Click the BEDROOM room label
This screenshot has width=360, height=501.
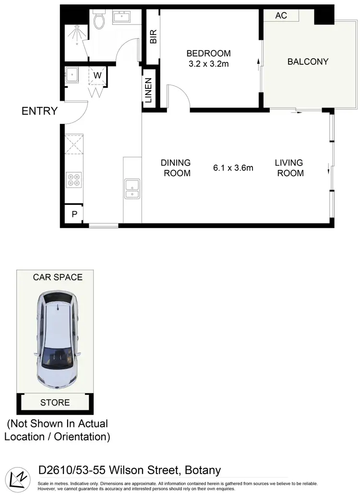[x=208, y=53]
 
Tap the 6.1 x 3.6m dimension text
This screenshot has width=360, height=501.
[x=233, y=168]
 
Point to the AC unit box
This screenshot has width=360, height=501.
[x=281, y=15]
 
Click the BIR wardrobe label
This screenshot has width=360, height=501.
[x=154, y=37]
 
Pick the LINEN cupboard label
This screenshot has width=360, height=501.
[x=148, y=91]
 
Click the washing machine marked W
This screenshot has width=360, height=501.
[x=97, y=75]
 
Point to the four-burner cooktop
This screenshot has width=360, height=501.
[x=73, y=179]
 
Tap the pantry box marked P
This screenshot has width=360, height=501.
[x=74, y=214]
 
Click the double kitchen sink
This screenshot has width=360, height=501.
[x=132, y=188]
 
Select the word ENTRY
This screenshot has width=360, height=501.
[x=39, y=111]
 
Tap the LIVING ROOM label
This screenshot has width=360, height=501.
[x=290, y=168]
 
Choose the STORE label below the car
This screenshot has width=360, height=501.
[x=55, y=403]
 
